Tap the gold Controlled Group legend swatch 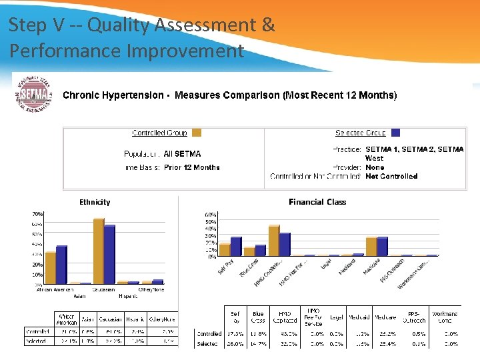(196, 133)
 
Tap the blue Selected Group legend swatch (395, 133)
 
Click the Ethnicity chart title (95, 202)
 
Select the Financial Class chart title (317, 202)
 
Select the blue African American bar (61, 265)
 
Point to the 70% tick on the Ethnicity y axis (37, 214)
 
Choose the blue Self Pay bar (236, 247)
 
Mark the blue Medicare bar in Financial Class (382, 247)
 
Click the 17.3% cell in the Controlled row (235, 333)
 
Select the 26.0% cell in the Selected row (235, 344)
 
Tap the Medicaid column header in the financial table (359, 317)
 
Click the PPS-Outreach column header (414, 317)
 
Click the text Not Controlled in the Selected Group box (391, 177)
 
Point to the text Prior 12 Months (191, 167)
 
